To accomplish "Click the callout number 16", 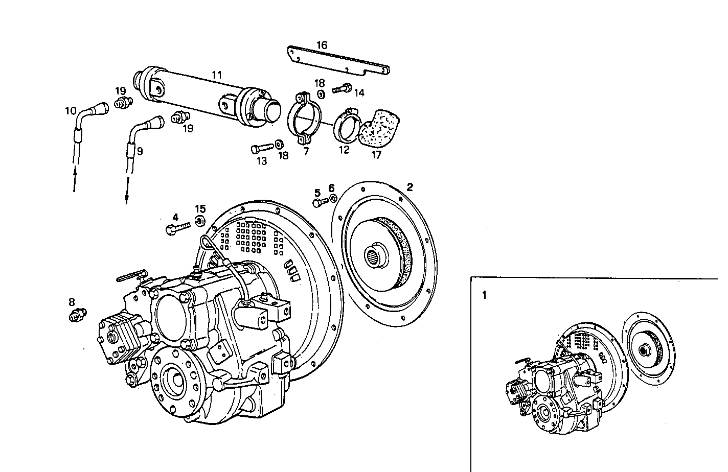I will point(322,45).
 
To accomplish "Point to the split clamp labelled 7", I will point(306,117).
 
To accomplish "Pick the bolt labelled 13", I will point(261,149).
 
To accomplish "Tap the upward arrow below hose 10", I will point(75,180).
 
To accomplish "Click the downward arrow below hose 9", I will point(126,192).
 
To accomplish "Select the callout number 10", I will point(70,110).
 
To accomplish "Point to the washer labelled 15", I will point(200,220).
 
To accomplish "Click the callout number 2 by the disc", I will point(409,187).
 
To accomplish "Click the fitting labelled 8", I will point(78,315).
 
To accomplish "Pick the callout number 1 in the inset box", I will point(484,295).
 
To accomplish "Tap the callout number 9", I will point(140,151).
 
